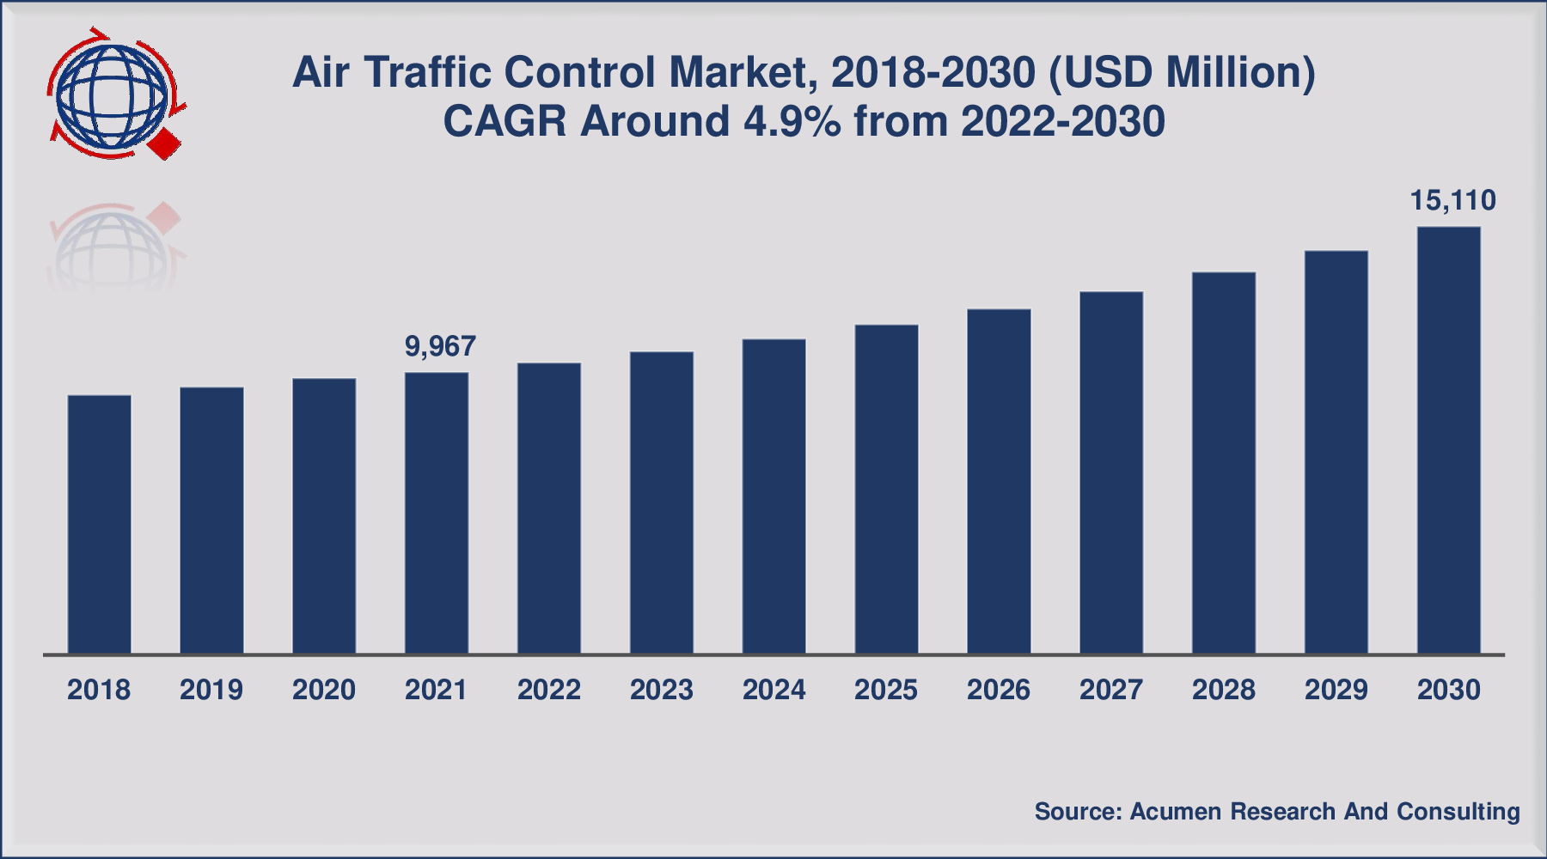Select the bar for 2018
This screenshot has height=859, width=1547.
click(100, 524)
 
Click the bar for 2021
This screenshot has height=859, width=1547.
click(437, 513)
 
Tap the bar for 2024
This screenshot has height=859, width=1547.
click(774, 497)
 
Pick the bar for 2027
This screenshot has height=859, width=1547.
click(1111, 472)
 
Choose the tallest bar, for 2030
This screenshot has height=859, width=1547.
click(1449, 440)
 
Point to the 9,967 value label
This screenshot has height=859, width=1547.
click(440, 346)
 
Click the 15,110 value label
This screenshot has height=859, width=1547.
click(1452, 200)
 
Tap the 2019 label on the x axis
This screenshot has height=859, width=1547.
click(211, 690)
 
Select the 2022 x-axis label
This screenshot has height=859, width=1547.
click(549, 690)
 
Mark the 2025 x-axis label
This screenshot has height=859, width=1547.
click(886, 690)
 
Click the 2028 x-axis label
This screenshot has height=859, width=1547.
click(1224, 690)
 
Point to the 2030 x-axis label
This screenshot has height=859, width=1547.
click(1449, 690)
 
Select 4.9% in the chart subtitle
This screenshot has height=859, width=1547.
click(792, 121)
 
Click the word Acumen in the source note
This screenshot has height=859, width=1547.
click(1174, 811)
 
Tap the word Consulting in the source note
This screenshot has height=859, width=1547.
click(1458, 811)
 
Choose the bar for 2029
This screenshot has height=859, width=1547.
click(1336, 452)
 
